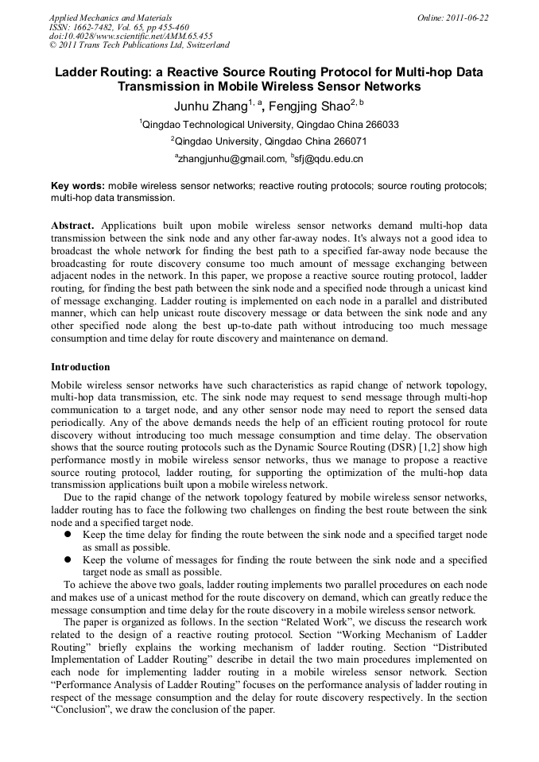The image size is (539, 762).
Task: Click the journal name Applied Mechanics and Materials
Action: (111, 17)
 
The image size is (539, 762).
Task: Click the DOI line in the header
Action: (130, 36)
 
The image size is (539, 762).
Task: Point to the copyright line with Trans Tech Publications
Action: (139, 45)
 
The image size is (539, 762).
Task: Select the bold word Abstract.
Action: (72, 226)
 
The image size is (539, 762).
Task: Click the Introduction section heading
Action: (80, 367)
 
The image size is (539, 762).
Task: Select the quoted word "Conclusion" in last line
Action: (83, 710)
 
